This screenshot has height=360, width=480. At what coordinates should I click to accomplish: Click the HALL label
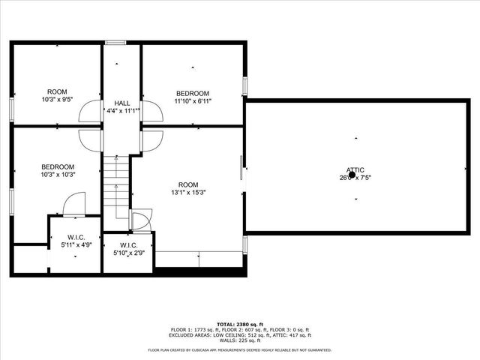click(x=122, y=103)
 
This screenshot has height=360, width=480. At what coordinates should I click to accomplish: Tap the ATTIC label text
click(x=355, y=169)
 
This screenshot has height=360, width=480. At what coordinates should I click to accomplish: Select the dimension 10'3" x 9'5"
click(x=58, y=99)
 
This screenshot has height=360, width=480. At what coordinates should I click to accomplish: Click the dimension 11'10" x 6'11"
click(x=187, y=101)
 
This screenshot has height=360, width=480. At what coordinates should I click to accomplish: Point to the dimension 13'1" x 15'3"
click(x=187, y=192)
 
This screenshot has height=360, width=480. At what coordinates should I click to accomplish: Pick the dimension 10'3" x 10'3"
click(x=58, y=175)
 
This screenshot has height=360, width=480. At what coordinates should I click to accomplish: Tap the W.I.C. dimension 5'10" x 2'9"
click(x=128, y=253)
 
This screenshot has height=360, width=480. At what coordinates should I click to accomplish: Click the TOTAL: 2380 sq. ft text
click(x=239, y=325)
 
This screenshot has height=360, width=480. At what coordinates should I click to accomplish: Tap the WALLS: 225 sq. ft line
click(x=239, y=340)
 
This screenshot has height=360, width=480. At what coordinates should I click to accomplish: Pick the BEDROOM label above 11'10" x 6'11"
click(x=187, y=94)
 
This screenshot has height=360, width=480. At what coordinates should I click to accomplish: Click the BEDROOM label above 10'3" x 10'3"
click(x=58, y=166)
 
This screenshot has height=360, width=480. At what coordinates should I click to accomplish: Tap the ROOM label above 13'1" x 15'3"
click(x=187, y=184)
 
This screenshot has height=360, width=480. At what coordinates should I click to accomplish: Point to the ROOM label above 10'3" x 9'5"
click(x=58, y=91)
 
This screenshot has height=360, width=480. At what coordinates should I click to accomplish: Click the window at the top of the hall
click(x=115, y=42)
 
